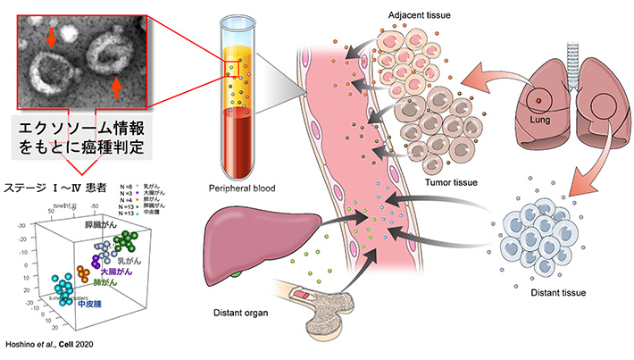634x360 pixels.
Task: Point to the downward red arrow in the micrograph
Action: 51,36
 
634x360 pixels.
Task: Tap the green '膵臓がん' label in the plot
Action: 101,227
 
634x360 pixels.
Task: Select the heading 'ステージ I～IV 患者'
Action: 53,188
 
